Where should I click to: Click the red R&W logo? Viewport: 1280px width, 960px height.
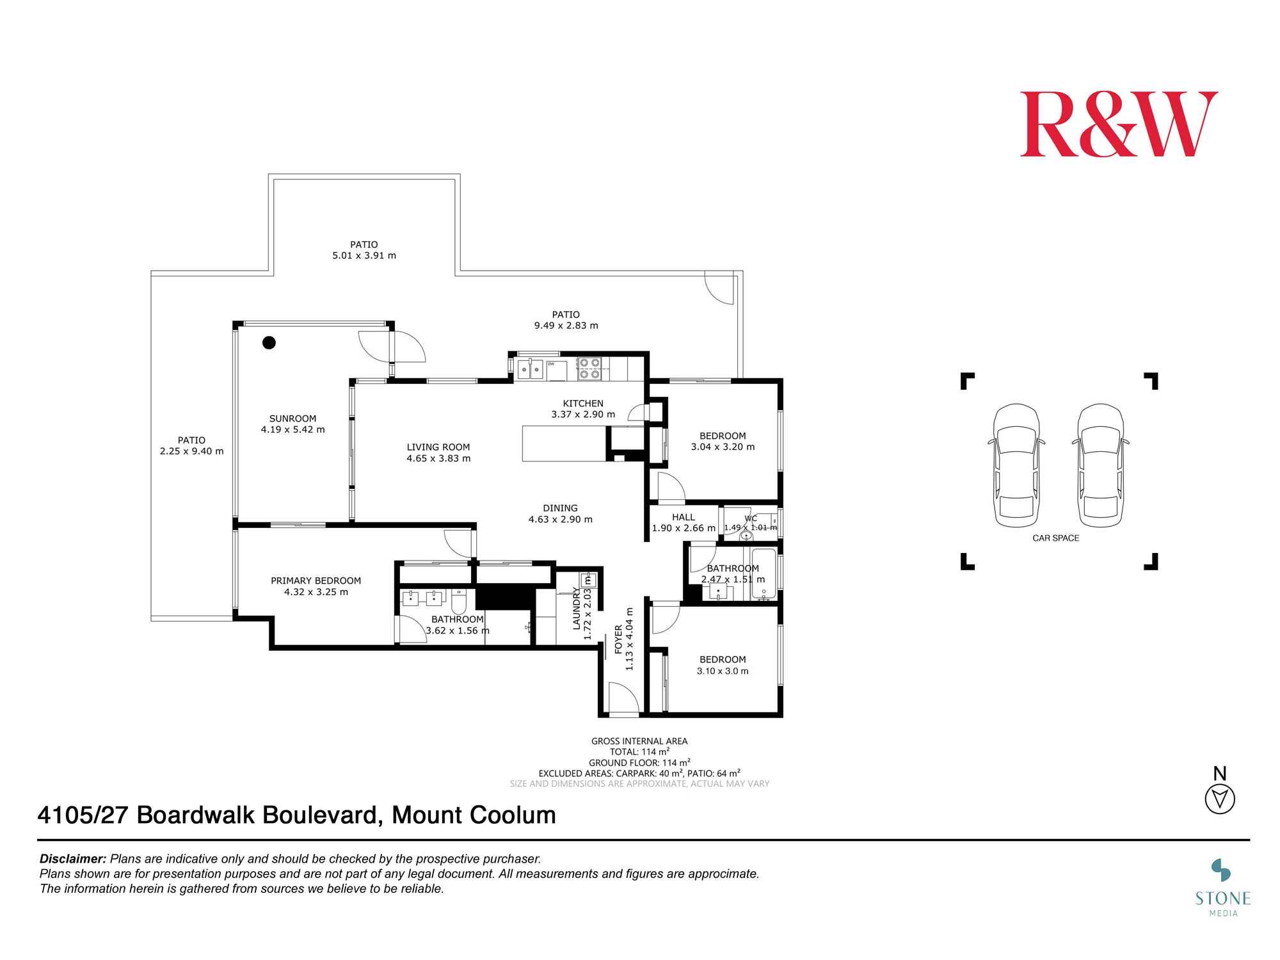[1118, 124]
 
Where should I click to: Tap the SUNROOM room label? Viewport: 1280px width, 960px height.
[292, 424]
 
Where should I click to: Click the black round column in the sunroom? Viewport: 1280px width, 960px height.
[269, 342]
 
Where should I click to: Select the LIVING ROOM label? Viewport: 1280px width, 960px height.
[438, 452]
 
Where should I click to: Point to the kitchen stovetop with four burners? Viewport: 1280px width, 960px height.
[589, 369]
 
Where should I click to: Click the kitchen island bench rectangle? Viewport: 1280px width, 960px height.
[564, 444]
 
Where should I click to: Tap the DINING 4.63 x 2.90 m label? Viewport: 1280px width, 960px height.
[560, 513]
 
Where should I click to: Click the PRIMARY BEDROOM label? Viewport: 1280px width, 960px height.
[316, 586]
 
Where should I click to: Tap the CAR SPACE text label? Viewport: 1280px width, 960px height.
[1055, 538]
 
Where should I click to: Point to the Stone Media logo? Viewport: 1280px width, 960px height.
[1222, 888]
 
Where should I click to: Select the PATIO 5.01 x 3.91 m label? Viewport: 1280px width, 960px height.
[364, 250]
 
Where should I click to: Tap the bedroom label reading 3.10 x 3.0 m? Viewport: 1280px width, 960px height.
[723, 665]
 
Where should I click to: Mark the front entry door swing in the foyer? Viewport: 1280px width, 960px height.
[622, 698]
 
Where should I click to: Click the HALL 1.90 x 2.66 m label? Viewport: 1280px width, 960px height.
[683, 522]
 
